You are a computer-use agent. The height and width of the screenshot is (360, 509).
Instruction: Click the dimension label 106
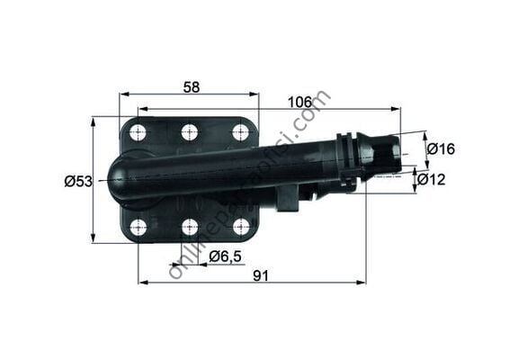300,103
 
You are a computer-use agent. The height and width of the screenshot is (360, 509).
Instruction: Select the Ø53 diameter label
78,181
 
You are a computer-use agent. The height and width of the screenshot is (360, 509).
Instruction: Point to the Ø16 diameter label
441,148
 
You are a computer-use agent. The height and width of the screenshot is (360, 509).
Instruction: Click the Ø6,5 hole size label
224,256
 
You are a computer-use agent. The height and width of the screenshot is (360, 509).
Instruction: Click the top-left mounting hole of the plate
138,133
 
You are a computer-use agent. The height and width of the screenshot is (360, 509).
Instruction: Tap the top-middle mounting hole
189,132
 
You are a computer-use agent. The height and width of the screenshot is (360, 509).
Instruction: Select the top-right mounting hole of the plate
240,132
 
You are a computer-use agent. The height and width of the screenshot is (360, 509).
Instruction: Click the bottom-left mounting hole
138,227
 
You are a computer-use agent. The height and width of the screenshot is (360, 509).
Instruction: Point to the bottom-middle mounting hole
189,227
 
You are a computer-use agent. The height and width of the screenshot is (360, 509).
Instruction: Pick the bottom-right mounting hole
240,227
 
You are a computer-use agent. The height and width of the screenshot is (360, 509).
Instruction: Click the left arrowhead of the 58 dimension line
123,93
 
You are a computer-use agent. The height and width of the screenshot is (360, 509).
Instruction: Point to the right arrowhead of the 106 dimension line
398,110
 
